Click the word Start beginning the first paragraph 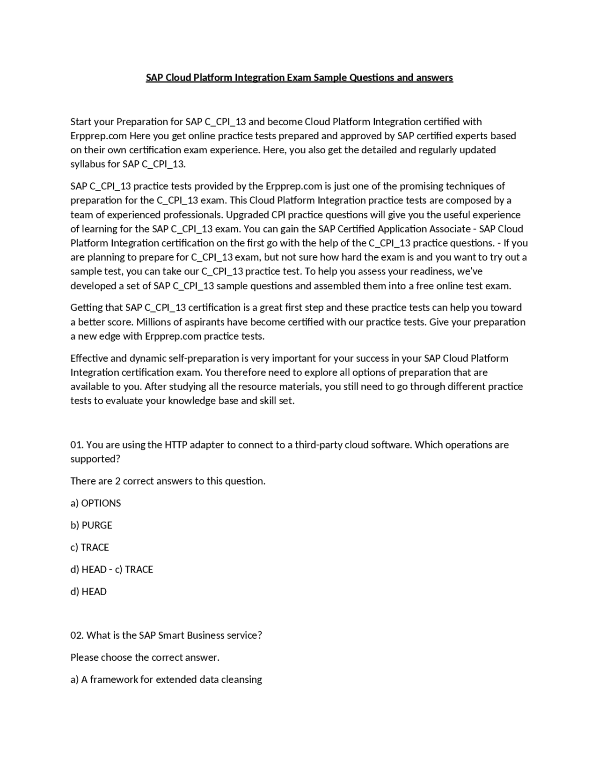pos(81,122)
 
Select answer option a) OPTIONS pos(95,503)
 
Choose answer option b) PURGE pos(91,525)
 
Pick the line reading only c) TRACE pos(89,547)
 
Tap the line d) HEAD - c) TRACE pos(112,569)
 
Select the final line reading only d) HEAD pos(88,591)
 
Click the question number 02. pos(77,635)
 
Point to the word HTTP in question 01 pos(175,445)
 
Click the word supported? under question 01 pos(95,459)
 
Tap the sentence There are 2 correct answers pos(168,481)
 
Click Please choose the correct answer pos(145,657)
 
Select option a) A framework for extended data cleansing pos(166,679)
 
